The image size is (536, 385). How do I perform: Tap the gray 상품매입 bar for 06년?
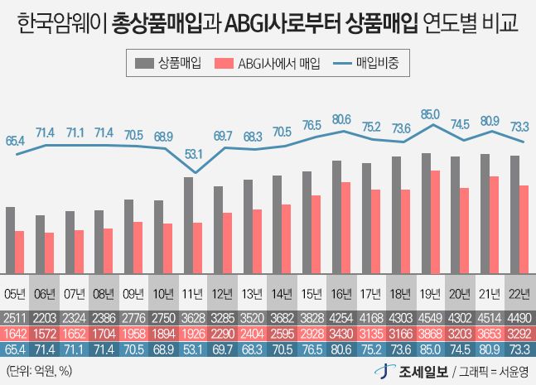(x=40, y=243)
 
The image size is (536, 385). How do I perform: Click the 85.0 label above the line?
(x=430, y=113)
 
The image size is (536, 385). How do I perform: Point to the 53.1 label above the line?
(x=193, y=152)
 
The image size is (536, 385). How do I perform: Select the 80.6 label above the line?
(x=340, y=119)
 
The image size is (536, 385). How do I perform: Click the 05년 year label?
(x=15, y=293)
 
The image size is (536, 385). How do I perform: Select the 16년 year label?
(x=341, y=293)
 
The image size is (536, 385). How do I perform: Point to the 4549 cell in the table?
(x=430, y=317)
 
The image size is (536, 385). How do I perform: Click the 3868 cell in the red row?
(x=430, y=332)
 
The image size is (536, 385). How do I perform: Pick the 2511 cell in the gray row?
(x=15, y=317)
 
